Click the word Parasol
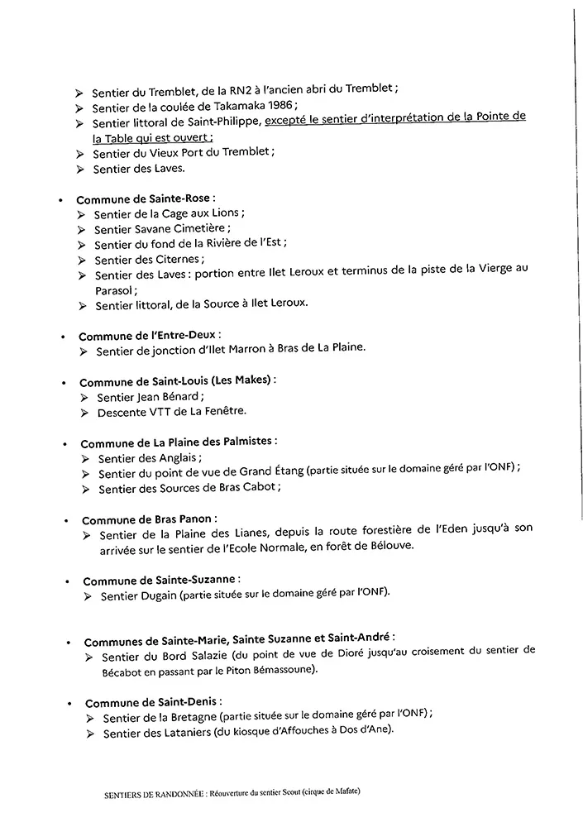click(117, 290)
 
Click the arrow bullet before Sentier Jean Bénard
click(85, 397)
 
